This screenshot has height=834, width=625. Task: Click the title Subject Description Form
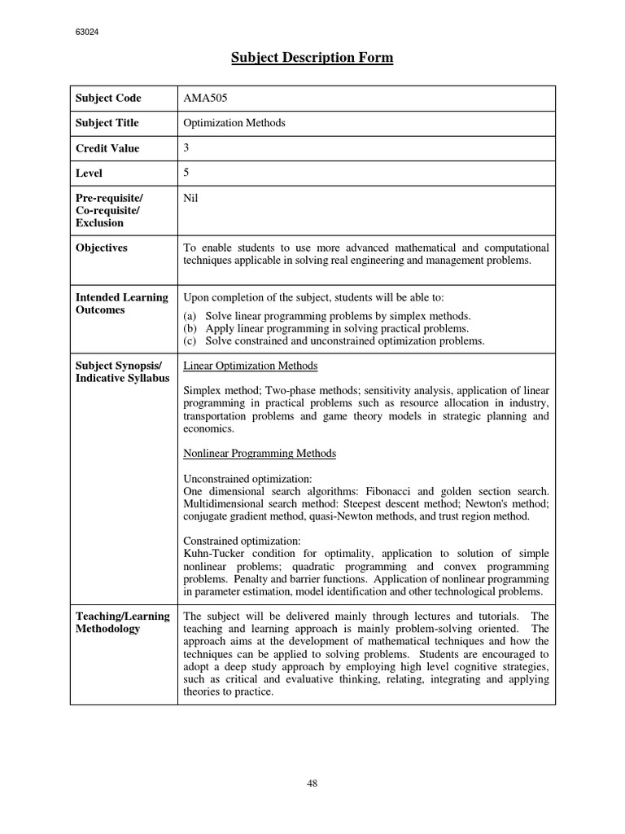[x=312, y=58]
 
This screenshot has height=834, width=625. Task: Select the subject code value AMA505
[x=206, y=99]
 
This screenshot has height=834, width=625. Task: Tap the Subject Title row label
[x=107, y=123]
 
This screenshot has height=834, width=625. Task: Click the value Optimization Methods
[x=235, y=123]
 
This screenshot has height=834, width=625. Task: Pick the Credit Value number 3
[x=187, y=147]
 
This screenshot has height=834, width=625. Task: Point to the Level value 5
[x=187, y=173]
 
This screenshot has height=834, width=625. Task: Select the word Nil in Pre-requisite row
[x=191, y=198]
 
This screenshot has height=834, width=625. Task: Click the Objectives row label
[x=101, y=248]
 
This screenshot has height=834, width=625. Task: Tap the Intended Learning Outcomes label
[x=121, y=304]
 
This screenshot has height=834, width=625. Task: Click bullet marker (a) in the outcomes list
[x=191, y=316]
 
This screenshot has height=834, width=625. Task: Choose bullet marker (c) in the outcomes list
[x=191, y=341]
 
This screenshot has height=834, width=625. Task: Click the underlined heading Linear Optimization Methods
[x=251, y=366]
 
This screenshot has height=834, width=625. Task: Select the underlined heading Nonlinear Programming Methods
[x=260, y=453]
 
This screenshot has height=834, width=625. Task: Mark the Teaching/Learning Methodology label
[x=122, y=622]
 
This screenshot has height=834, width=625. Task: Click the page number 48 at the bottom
[x=312, y=784]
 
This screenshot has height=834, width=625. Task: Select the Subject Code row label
[x=108, y=99]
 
